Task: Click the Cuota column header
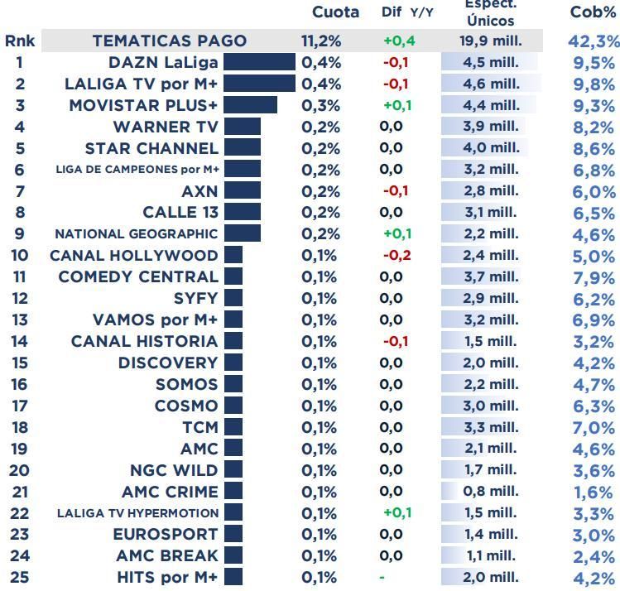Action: tap(335, 12)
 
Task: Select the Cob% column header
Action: tap(593, 12)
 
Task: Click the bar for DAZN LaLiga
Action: tap(259, 62)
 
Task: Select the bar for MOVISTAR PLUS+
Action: tap(250, 105)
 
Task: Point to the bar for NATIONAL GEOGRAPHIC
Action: tap(242, 233)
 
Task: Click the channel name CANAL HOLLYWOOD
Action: tap(134, 255)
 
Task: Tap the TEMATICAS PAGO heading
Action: tap(169, 41)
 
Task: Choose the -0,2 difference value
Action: tap(396, 255)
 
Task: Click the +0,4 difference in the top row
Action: tap(399, 41)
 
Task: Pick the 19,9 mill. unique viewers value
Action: tap(491, 41)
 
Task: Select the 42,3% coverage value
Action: tap(593, 41)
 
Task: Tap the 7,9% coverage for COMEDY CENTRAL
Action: tap(594, 277)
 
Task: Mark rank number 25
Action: tap(19, 577)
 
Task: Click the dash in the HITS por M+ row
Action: tap(382, 577)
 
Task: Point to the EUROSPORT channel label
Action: tap(166, 534)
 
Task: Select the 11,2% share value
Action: tap(321, 41)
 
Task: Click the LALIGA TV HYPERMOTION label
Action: tap(137, 513)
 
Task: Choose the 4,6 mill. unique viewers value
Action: tap(491, 84)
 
